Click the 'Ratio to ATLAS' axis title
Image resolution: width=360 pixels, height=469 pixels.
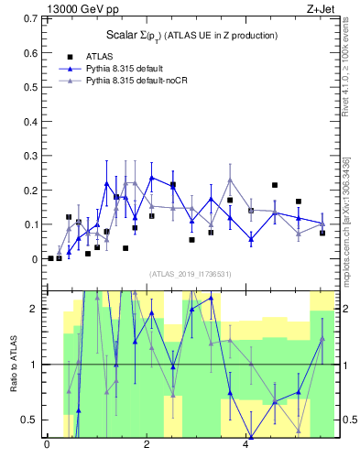click(x=13, y=364)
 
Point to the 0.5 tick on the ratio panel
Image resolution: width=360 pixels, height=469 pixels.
click(x=27, y=420)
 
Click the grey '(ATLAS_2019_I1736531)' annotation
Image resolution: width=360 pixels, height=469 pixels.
click(x=190, y=274)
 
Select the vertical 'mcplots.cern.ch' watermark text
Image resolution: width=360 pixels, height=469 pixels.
click(x=346, y=215)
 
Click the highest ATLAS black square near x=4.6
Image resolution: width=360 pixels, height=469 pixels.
click(x=275, y=185)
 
